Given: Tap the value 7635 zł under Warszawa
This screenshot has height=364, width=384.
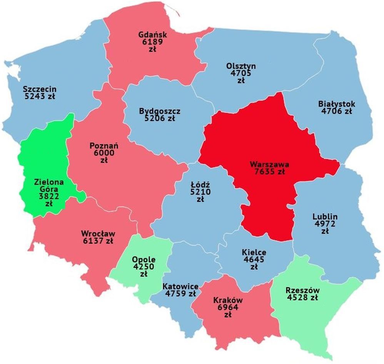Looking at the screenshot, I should coord(269,171).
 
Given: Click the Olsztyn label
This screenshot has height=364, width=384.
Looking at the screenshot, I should coord(241,66).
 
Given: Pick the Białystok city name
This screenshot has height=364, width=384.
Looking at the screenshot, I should coord(337,104).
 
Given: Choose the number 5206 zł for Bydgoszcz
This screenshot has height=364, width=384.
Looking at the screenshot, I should coord(160,119).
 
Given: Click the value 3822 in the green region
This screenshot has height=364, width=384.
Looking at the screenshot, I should coord(48,197).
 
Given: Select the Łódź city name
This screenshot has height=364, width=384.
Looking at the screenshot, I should coord(200,184).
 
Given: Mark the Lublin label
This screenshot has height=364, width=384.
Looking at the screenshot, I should coord(325,216).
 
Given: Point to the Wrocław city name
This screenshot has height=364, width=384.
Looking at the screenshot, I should coord(98,233).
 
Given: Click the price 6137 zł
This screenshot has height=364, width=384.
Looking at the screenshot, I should coord(98,241).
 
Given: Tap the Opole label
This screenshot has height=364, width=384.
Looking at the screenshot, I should coord(144,259).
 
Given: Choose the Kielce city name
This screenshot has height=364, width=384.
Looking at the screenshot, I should coord(254,252).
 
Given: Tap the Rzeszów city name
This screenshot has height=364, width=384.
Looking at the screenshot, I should coord(303,290).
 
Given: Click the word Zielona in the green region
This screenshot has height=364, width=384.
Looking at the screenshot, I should coord(48,182).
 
